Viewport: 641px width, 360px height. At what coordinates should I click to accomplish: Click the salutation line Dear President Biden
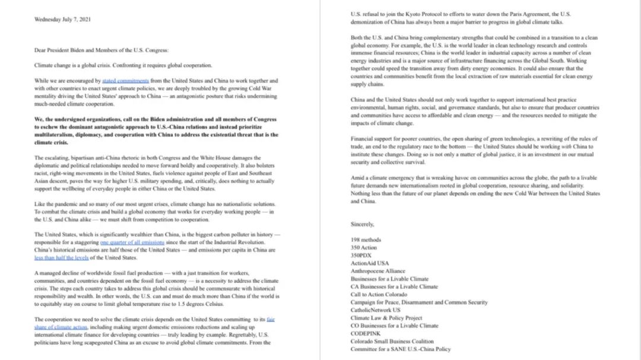click(x=101, y=50)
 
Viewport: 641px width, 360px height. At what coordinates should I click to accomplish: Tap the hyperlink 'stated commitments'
click(x=121, y=81)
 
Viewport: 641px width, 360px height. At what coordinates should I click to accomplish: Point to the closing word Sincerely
click(x=363, y=224)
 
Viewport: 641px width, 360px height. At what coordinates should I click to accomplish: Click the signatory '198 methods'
click(x=366, y=240)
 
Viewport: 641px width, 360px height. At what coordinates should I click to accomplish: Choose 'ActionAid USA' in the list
click(x=370, y=263)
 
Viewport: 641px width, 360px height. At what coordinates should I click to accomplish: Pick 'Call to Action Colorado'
click(x=379, y=294)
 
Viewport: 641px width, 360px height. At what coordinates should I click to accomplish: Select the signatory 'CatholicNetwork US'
click(x=375, y=310)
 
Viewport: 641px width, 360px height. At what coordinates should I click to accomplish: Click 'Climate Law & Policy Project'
click(x=386, y=318)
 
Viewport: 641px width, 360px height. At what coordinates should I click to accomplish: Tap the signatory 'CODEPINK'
click(x=366, y=333)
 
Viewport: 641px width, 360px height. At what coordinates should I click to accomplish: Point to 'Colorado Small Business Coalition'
click(x=392, y=342)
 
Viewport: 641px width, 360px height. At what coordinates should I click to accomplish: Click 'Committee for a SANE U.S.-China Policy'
click(x=401, y=349)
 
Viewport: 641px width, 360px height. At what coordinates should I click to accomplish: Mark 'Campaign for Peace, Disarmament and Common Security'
click(x=419, y=302)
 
